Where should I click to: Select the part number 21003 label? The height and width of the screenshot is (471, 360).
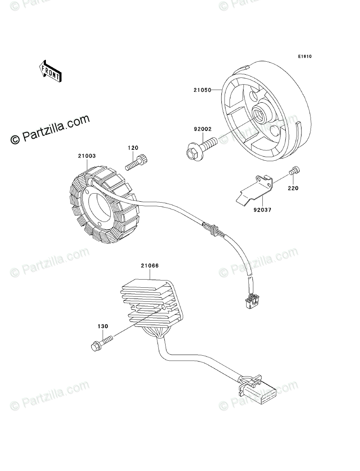(86, 156)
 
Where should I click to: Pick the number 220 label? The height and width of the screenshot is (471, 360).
(293, 188)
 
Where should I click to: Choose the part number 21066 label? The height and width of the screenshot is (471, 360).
(149, 266)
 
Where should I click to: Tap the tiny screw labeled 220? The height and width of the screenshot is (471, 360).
(295, 171)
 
